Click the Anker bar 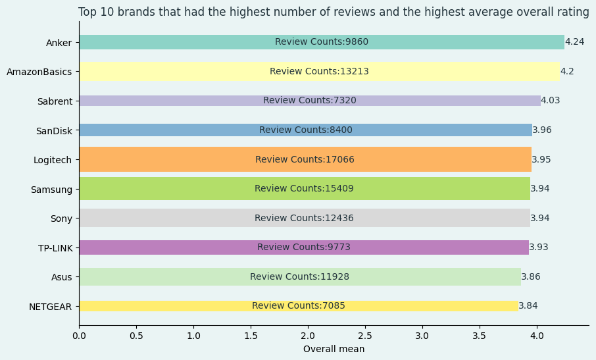[197, 42]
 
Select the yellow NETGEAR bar [164, 306]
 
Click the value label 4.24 [574, 42]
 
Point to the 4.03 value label [550, 101]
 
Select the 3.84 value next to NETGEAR [528, 306]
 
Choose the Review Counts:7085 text [298, 306]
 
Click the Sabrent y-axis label [55, 101]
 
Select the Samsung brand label [51, 190]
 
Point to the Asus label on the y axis [62, 277]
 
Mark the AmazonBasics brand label [39, 72]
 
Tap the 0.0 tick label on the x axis [79, 336]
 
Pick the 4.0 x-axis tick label [537, 336]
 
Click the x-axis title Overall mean [334, 349]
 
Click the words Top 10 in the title [95, 13]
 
